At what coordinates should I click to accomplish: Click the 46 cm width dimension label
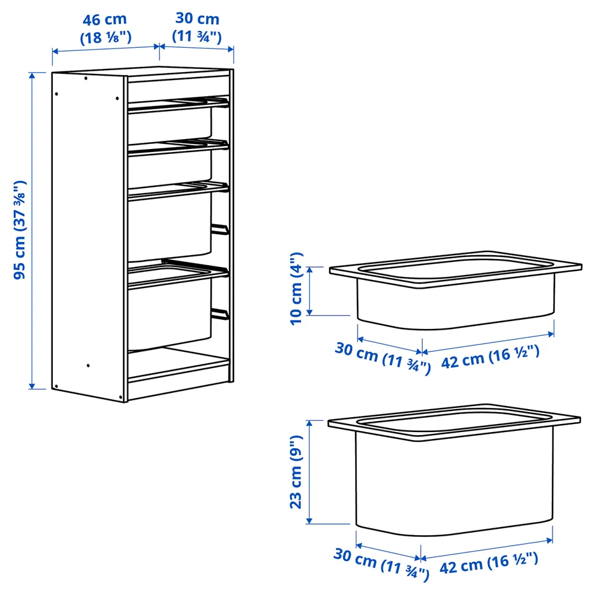(x=106, y=29)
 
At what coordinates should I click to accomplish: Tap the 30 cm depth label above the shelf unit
(x=197, y=27)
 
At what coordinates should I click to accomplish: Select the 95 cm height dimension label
(x=20, y=230)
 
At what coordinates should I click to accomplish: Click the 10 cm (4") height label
(x=296, y=289)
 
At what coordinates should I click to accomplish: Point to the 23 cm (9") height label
(x=296, y=472)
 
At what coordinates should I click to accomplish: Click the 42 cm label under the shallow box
(x=490, y=356)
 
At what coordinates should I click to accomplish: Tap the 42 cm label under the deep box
(x=489, y=563)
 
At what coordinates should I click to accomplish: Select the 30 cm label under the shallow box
(x=383, y=358)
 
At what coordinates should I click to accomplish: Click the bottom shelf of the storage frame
(x=179, y=365)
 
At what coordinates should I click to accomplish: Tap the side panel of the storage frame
(x=88, y=236)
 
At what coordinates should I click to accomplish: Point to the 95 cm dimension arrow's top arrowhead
(x=32, y=75)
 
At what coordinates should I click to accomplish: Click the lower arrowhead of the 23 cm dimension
(x=309, y=520)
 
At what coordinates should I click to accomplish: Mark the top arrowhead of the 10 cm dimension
(x=310, y=270)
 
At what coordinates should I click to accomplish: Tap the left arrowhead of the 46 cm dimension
(x=55, y=52)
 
